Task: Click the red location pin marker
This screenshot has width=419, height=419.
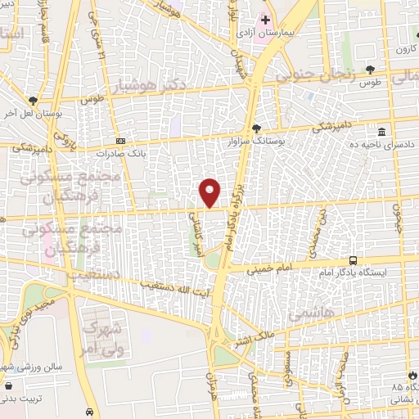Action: tap(210, 192)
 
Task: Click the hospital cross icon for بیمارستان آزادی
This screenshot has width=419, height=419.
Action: tap(264, 18)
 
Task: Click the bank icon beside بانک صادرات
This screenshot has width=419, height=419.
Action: tap(121, 141)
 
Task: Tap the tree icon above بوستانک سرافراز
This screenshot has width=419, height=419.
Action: tap(256, 128)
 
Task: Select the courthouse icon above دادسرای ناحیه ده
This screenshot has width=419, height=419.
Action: tap(381, 132)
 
